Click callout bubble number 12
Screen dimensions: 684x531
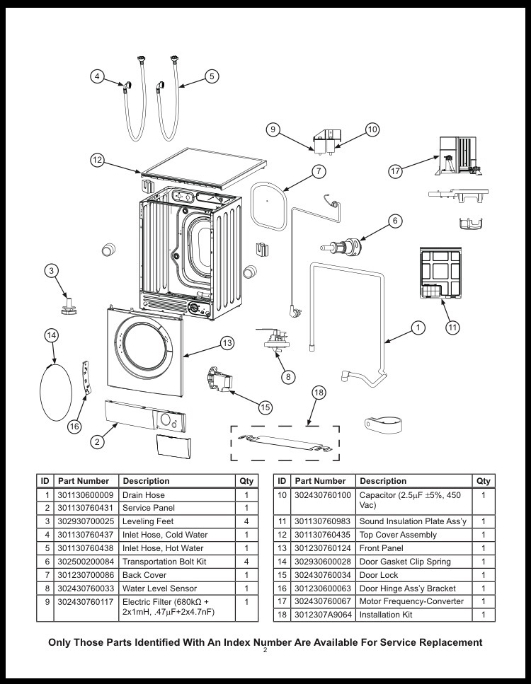(x=98, y=160)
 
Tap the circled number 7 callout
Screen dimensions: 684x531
(x=319, y=171)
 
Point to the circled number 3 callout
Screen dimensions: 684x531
(x=52, y=270)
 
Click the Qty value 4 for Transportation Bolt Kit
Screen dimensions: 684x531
(x=246, y=562)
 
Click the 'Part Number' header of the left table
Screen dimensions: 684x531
(x=84, y=481)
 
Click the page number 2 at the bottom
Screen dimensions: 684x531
(x=265, y=651)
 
